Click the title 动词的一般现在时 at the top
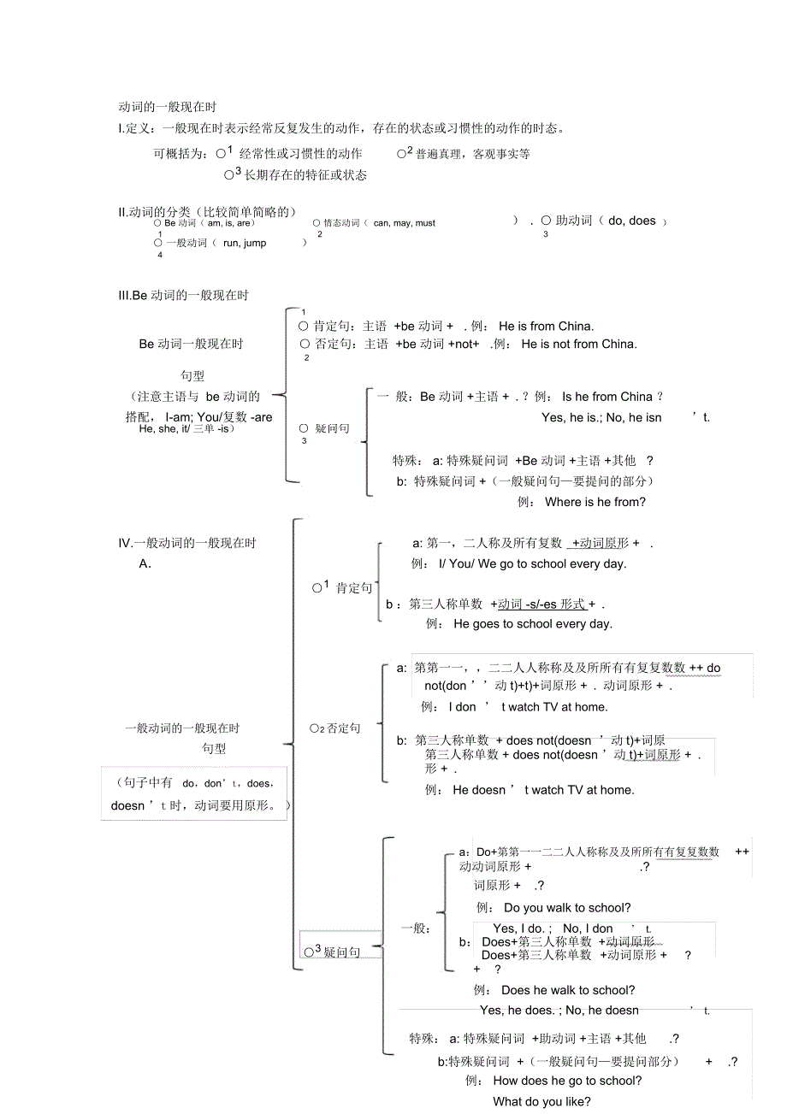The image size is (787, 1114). (x=168, y=108)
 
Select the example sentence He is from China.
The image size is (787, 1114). (x=546, y=326)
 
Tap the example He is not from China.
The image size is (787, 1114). (x=578, y=345)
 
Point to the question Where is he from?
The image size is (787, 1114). (x=595, y=502)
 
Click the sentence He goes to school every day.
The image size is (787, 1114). (x=533, y=624)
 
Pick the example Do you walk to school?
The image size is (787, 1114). (x=567, y=908)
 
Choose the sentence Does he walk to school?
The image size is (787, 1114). (x=568, y=990)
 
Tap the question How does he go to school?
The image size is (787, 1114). (x=568, y=1081)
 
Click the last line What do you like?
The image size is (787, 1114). (x=541, y=1101)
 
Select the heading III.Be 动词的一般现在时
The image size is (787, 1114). (x=183, y=296)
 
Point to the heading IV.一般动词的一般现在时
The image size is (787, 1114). (x=187, y=543)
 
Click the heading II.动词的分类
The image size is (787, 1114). (x=208, y=211)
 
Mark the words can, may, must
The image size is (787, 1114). (x=405, y=223)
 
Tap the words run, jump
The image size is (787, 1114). (x=245, y=244)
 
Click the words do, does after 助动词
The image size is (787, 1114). (x=632, y=221)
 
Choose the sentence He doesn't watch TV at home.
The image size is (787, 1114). (x=543, y=790)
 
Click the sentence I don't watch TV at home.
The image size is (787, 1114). (x=528, y=707)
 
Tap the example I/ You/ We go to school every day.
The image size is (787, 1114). (x=532, y=564)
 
